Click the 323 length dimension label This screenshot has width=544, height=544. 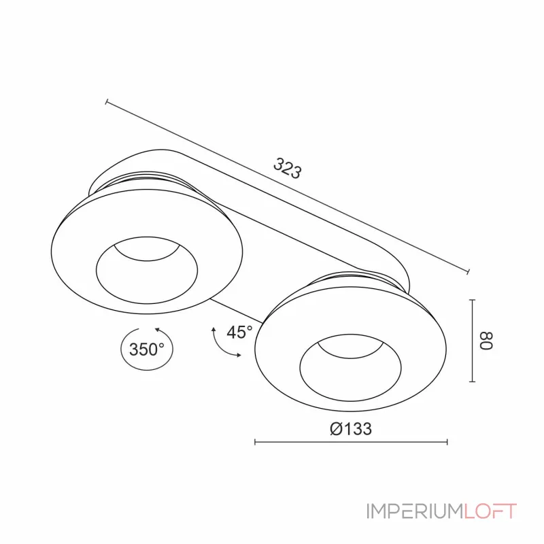(x=287, y=168)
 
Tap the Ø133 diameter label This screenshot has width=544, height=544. (x=351, y=429)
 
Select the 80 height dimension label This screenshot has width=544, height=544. (x=486, y=341)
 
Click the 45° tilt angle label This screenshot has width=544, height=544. (x=239, y=332)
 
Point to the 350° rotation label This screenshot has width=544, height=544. (x=147, y=349)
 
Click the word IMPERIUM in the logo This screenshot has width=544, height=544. (x=415, y=511)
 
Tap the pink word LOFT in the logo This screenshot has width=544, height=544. (x=490, y=511)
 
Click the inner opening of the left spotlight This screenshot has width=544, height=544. (x=147, y=270)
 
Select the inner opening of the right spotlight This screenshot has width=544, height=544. (x=350, y=368)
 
